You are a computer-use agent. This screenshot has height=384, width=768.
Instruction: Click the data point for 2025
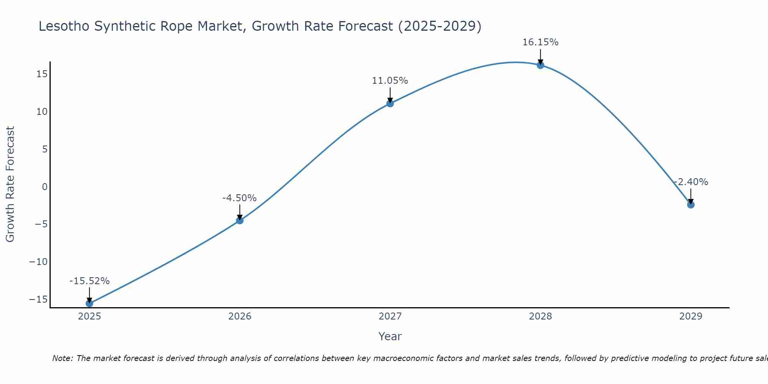(89, 303)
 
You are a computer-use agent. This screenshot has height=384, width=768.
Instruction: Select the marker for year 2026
(240, 220)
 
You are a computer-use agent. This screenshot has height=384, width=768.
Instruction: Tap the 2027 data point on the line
(390, 103)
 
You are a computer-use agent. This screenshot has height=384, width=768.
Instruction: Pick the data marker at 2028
(540, 65)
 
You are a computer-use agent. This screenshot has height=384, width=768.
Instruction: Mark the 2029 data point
(691, 205)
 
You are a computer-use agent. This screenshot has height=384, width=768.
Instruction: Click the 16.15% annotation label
(540, 42)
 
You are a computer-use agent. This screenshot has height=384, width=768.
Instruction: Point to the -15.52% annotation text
(89, 281)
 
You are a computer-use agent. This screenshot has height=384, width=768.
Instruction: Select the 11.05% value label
(390, 81)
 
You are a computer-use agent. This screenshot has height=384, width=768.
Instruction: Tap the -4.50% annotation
(239, 198)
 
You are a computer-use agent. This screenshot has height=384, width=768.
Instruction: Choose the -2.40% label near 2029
(691, 182)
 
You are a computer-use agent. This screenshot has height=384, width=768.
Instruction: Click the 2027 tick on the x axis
(390, 316)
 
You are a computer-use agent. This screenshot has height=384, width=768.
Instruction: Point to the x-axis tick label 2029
(691, 316)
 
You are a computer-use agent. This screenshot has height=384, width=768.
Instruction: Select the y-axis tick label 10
(42, 112)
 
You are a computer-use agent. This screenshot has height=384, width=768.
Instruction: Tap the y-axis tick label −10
(38, 262)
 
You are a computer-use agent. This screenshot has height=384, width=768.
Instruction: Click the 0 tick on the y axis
(45, 187)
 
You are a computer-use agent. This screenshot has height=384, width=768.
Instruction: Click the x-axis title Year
(390, 336)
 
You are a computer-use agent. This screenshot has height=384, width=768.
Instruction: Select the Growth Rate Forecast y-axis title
(10, 184)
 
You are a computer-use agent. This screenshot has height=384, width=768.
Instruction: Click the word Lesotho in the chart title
(64, 26)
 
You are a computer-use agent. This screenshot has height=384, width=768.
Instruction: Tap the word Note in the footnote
(62, 358)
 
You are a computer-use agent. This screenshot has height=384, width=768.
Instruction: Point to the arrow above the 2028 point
(540, 57)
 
